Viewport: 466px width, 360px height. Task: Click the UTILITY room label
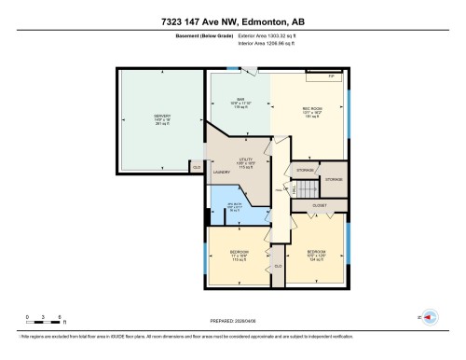click(x=245, y=162)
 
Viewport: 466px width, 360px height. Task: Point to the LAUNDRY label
click(x=222, y=172)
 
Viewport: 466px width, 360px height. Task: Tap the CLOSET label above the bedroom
click(x=319, y=204)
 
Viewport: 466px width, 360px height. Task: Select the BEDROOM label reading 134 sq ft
click(x=315, y=256)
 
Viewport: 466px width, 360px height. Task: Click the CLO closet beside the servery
click(x=197, y=165)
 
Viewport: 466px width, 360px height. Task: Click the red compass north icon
click(x=430, y=317)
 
